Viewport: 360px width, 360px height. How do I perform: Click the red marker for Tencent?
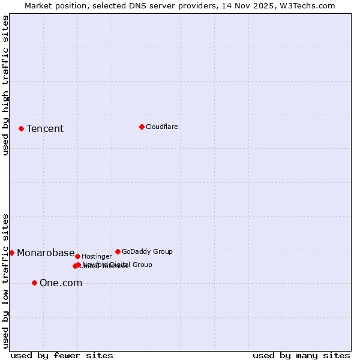click(x=21, y=128)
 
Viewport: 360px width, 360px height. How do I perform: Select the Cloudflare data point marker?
click(x=142, y=127)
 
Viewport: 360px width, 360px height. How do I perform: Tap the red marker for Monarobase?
click(x=11, y=253)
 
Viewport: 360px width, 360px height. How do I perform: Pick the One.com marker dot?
click(x=34, y=283)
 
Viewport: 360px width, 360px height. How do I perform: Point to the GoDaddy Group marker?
click(x=118, y=251)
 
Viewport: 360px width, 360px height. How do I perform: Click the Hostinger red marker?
click(x=77, y=256)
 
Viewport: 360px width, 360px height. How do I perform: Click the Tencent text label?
click(x=45, y=129)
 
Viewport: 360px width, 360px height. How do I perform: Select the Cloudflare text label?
click(x=162, y=127)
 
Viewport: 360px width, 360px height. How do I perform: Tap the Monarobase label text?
click(x=46, y=253)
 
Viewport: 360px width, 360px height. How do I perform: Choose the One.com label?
click(x=61, y=283)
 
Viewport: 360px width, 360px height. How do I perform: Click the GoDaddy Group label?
click(x=147, y=252)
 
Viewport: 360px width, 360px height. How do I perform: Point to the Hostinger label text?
click(x=97, y=257)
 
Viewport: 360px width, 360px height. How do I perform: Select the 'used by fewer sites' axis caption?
click(x=62, y=355)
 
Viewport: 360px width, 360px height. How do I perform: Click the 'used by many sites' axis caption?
click(x=301, y=355)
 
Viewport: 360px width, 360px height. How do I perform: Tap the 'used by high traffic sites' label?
click(x=5, y=85)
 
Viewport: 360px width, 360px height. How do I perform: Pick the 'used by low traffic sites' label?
click(x=5, y=280)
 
